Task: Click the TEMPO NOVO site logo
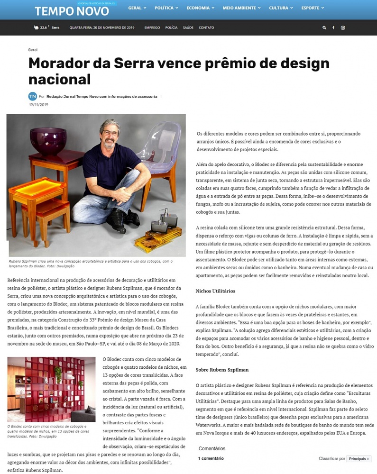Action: (71, 10)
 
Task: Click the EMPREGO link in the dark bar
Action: (152, 27)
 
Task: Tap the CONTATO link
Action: (206, 27)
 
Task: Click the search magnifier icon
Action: (324, 27)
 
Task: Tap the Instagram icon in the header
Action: (343, 27)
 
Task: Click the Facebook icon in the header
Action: (333, 27)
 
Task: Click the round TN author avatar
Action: (32, 96)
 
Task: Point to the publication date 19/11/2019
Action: (38, 105)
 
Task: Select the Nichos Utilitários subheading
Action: (215, 291)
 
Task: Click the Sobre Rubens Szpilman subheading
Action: (222, 369)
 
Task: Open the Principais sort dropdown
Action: (359, 459)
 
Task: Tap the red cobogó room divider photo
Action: (51, 389)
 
